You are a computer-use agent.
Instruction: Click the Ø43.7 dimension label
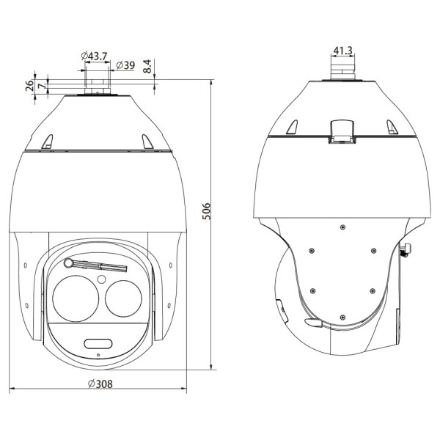(x=95, y=56)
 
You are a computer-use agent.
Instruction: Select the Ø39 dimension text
(x=125, y=65)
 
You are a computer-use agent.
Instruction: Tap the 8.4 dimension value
(x=147, y=66)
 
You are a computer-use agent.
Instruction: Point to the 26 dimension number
(x=29, y=86)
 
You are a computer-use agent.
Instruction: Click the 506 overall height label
(x=206, y=211)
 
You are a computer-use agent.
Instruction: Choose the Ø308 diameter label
(x=100, y=384)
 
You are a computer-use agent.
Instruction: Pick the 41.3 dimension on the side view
(x=342, y=51)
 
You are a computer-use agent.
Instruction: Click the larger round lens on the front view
(x=76, y=298)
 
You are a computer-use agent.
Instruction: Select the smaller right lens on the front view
(x=123, y=298)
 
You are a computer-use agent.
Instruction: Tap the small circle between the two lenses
(x=102, y=279)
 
